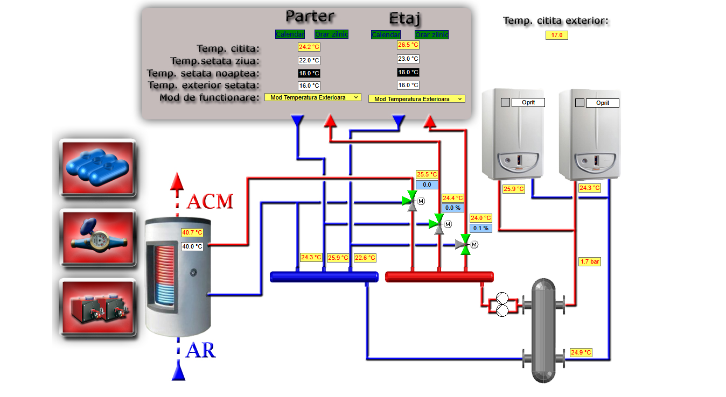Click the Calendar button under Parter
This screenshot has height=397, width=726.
click(290, 34)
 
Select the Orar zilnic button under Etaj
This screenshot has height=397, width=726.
click(431, 35)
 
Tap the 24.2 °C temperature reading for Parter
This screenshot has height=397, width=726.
click(309, 47)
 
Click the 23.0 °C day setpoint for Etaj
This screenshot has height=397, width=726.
click(408, 59)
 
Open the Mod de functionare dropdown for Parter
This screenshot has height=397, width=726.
click(312, 97)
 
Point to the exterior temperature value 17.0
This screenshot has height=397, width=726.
click(556, 36)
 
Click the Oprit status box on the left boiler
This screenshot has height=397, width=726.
click(528, 102)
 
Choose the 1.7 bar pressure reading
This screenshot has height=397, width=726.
click(589, 262)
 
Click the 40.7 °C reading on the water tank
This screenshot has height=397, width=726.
click(192, 233)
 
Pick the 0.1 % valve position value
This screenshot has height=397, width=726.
click(480, 228)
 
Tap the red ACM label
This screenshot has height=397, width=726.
click(210, 202)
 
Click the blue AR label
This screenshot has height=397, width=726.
click(200, 351)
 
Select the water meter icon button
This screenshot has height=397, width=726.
click(97, 237)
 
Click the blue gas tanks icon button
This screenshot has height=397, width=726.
click(97, 167)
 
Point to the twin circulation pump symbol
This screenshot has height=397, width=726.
click(502, 305)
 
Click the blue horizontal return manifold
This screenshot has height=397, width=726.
click(324, 277)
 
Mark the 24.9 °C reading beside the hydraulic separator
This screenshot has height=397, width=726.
click(581, 353)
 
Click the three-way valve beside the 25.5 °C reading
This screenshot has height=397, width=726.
click(411, 201)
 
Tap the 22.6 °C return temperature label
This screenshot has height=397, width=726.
click(365, 258)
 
